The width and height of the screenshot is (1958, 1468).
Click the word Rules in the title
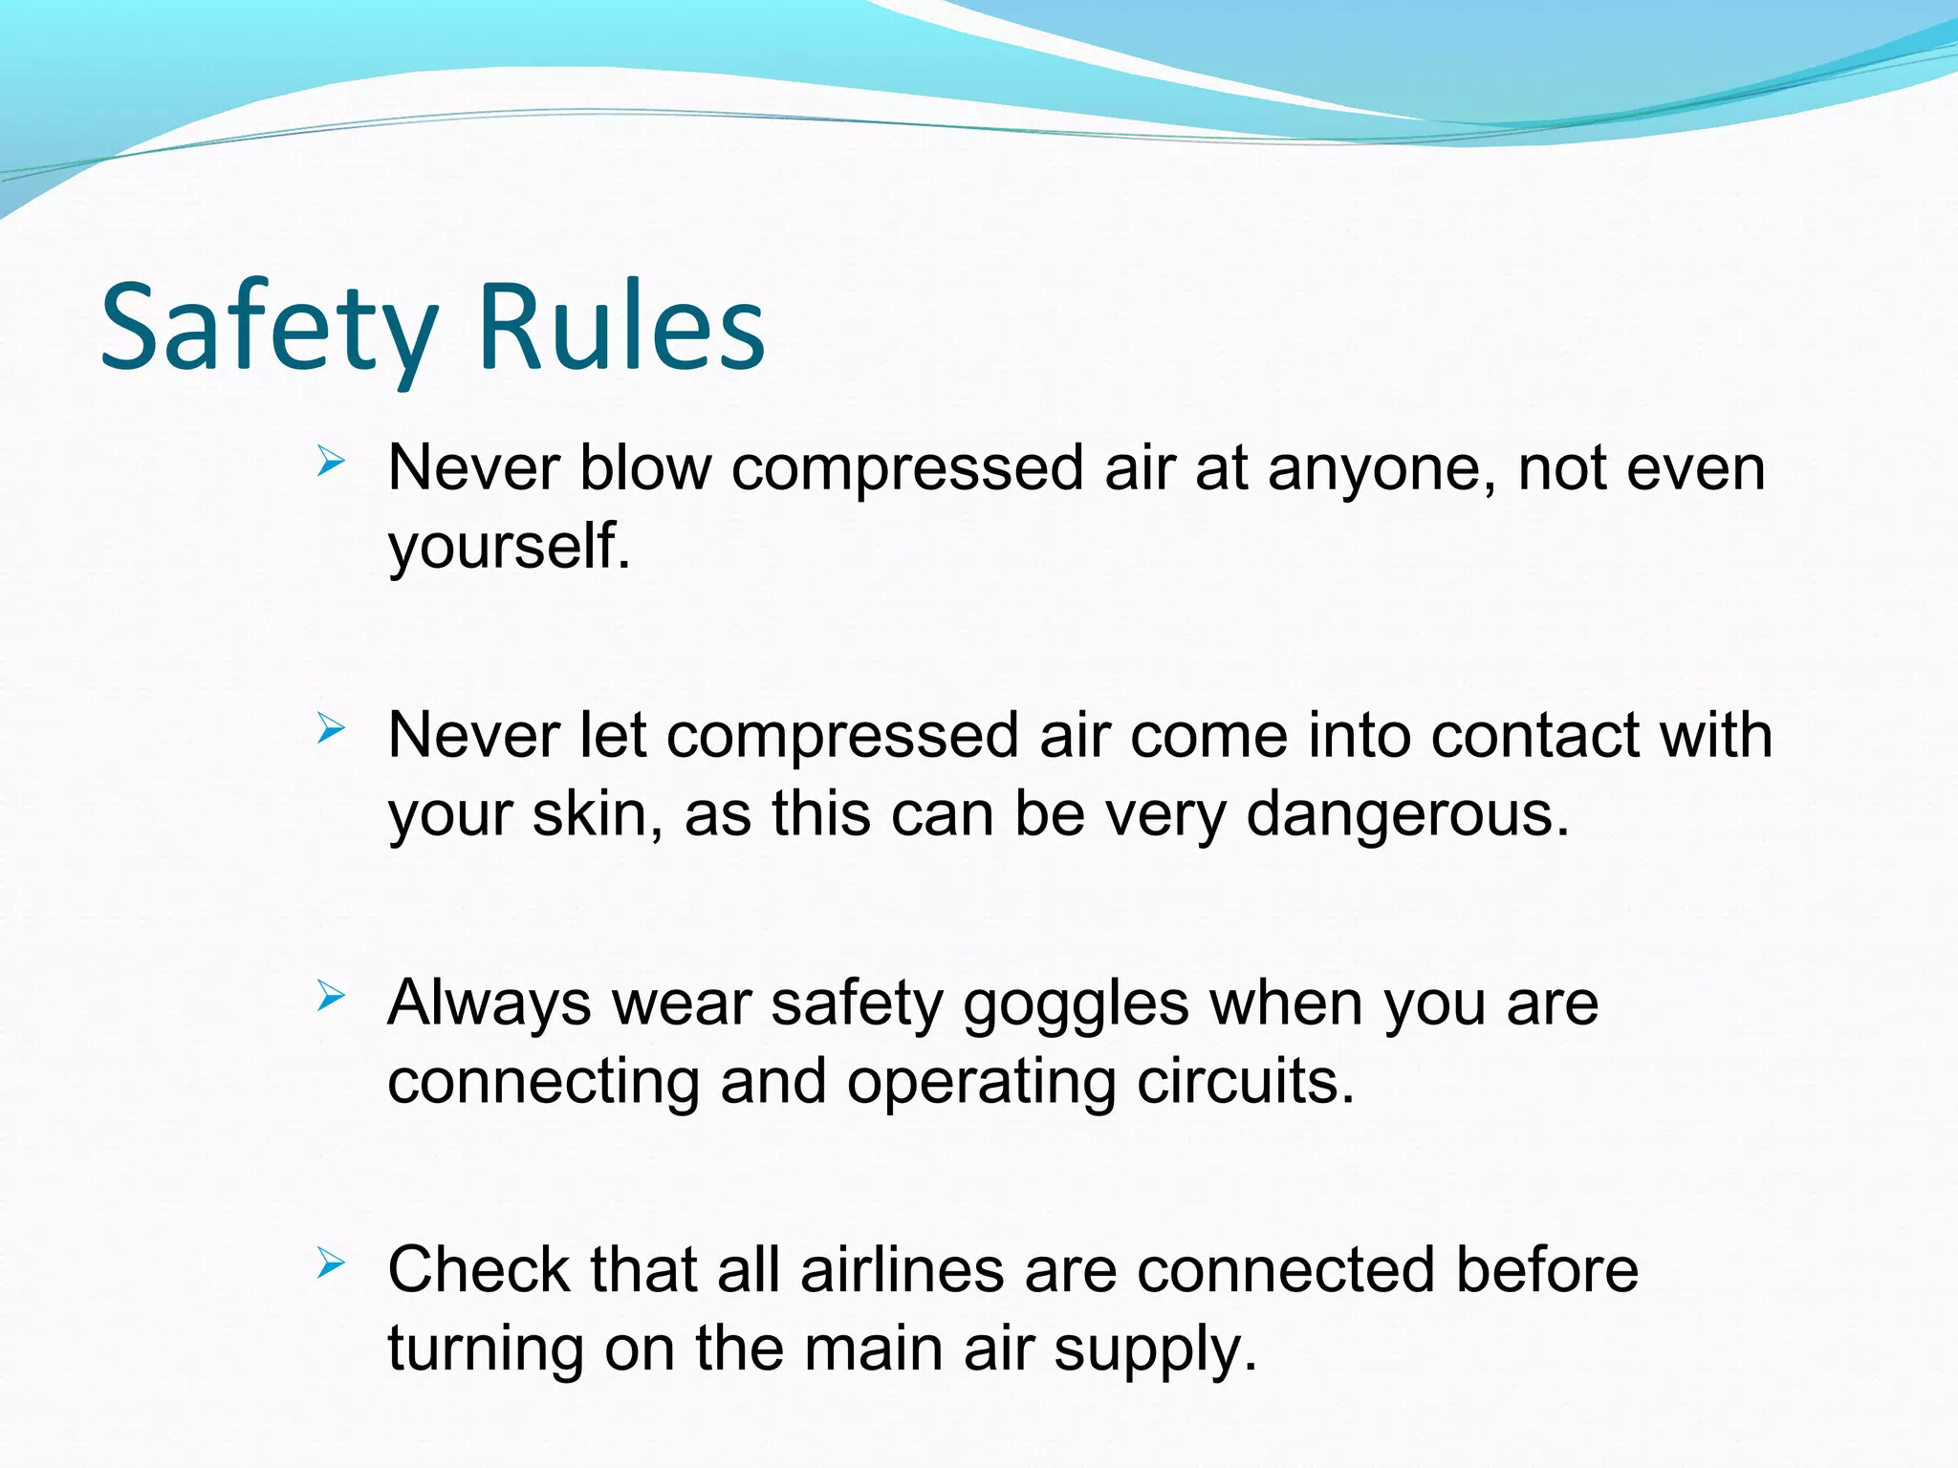click(621, 328)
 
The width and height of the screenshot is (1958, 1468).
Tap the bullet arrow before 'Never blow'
click(330, 464)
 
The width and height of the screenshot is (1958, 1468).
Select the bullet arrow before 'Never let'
click(330, 731)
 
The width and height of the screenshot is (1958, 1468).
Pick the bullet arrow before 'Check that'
click(330, 1265)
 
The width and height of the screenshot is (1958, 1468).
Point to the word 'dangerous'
click(1407, 816)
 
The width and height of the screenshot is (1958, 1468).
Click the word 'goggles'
click(1076, 1006)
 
